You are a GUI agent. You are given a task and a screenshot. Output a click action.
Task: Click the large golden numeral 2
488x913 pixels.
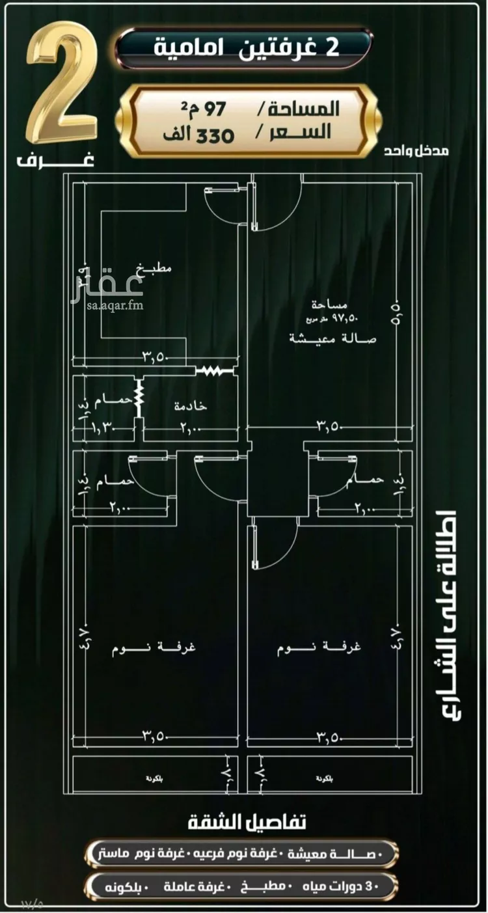(x=62, y=85)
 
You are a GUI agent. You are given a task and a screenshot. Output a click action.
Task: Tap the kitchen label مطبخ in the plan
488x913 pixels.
(x=154, y=267)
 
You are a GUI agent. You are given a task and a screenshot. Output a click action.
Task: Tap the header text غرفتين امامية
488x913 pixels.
(x=245, y=49)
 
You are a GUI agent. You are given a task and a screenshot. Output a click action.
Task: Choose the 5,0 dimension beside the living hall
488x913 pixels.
(x=395, y=305)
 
